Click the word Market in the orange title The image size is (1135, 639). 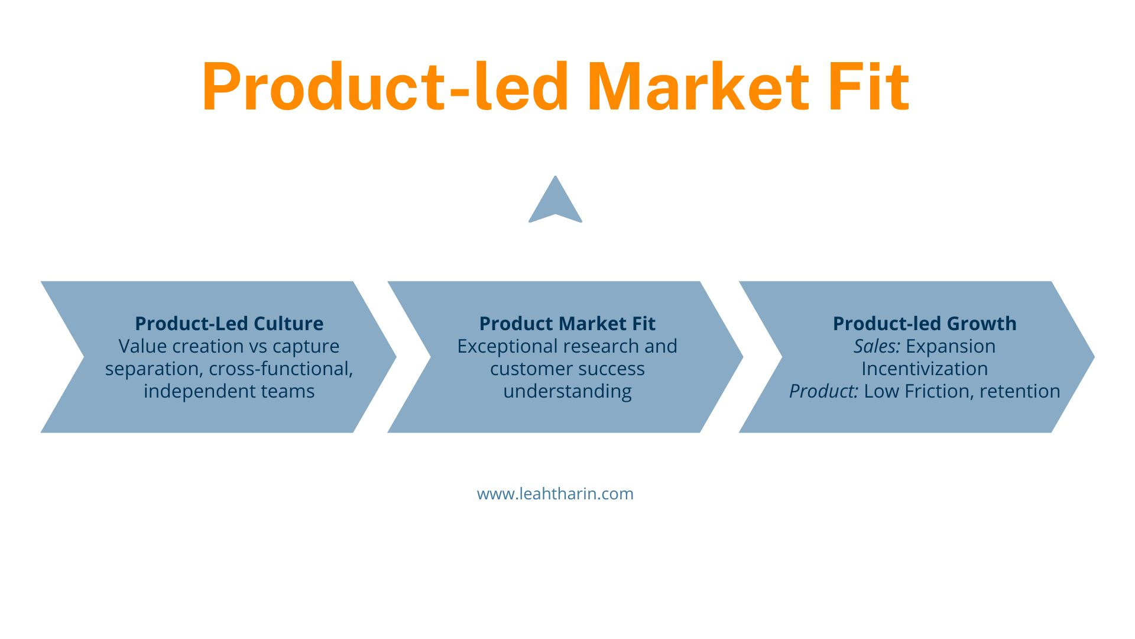[698, 87]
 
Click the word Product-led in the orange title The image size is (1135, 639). [385, 87]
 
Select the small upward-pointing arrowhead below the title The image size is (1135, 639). [555, 199]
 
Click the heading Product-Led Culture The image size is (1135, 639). [229, 324]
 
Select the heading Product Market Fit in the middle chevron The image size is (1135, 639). [567, 324]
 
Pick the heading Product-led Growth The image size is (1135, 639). [925, 324]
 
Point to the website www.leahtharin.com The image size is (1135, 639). [555, 493]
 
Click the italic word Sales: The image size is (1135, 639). [877, 346]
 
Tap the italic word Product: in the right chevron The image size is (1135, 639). [823, 391]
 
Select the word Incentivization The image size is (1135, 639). [925, 369]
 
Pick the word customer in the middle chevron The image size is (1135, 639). [528, 369]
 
